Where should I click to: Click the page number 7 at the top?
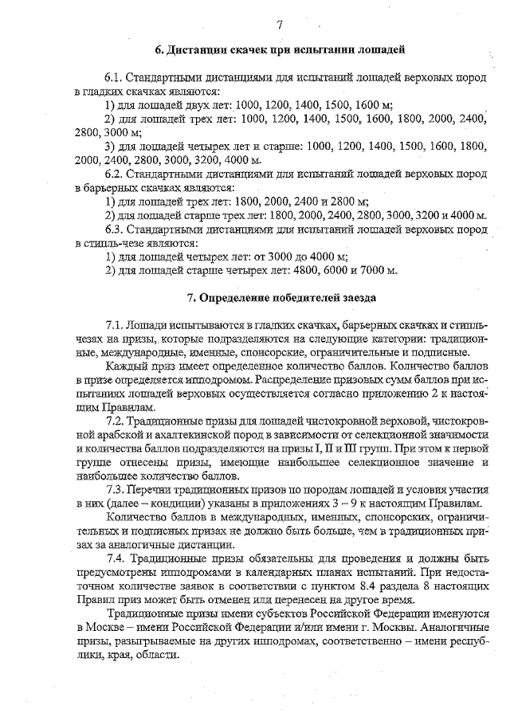pos(279,25)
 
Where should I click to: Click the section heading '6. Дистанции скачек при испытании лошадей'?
pos(279,50)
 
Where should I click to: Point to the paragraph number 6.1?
pos(116,77)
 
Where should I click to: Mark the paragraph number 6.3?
pos(116,229)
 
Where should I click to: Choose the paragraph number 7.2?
pos(116,420)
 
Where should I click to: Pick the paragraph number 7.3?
pos(116,490)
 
